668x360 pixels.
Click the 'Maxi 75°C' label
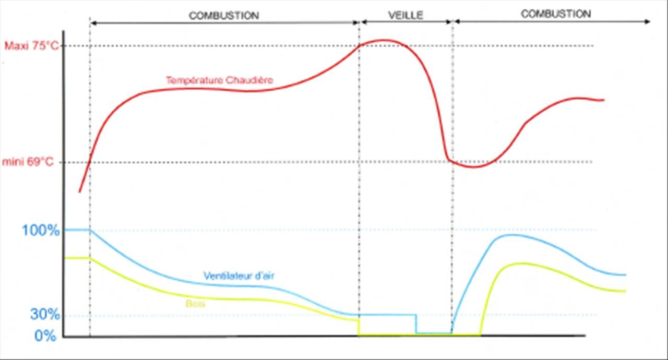tap(31, 45)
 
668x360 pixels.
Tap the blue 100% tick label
tap(41, 230)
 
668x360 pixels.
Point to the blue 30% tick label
tap(45, 315)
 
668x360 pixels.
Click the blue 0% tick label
tap(45, 335)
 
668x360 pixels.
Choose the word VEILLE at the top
tap(405, 15)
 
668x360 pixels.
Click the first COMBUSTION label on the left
tap(223, 16)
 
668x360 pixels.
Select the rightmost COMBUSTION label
tap(556, 14)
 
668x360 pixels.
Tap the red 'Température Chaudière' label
tap(219, 80)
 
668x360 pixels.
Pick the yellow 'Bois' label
tap(194, 304)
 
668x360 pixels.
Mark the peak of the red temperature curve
tap(385, 40)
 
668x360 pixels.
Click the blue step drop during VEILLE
tap(416, 323)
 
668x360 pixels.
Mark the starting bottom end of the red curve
tap(79, 192)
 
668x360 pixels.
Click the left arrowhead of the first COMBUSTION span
tap(92, 22)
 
